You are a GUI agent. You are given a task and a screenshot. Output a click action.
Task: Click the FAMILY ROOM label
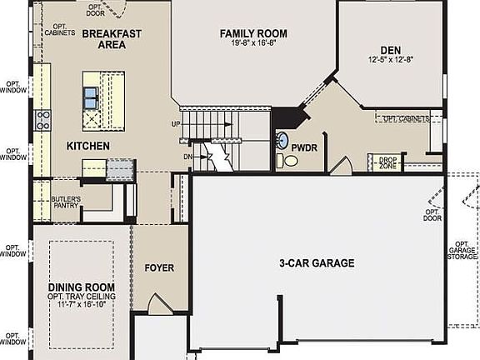pos(253,33)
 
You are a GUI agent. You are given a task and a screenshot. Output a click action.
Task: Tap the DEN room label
pos(390,49)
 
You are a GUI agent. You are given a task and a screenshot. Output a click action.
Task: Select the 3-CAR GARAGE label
pos(317,263)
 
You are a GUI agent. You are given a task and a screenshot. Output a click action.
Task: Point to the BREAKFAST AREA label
pos(111,38)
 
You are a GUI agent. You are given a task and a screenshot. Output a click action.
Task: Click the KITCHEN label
pos(88,146)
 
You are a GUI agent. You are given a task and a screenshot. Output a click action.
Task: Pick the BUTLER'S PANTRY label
pos(66,202)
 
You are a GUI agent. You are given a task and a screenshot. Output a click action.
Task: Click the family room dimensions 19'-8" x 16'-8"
pos(253,45)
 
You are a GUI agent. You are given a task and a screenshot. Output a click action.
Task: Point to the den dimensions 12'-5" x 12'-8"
pos(390,60)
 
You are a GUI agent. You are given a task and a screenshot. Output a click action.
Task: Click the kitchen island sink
pos(90,98)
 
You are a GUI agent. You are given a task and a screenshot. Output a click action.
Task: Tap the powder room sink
pos(282,140)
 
